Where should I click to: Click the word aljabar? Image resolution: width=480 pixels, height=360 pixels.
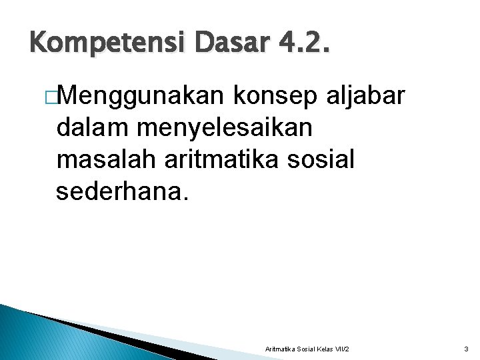click(x=366, y=97)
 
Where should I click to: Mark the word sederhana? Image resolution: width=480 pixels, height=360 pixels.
click(x=123, y=191)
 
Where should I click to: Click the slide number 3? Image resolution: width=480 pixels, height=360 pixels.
click(x=466, y=349)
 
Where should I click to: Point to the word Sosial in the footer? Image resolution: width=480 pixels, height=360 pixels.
click(x=303, y=349)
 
